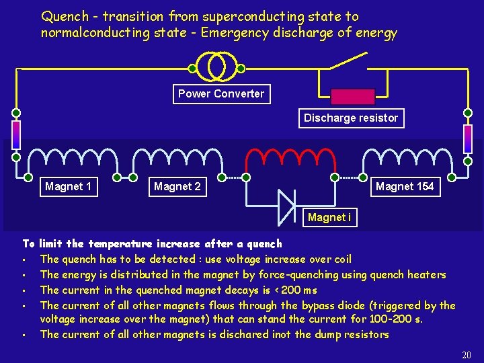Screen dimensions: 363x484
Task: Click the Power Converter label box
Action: point(221,94)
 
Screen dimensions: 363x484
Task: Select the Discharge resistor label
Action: point(351,118)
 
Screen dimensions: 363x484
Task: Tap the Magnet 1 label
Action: point(68,186)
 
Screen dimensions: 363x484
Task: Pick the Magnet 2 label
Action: point(177,186)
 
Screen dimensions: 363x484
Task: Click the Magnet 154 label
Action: point(405,186)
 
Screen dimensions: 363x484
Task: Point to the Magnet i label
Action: point(329,217)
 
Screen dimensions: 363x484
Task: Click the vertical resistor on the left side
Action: point(16,135)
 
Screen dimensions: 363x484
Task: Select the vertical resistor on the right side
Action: point(468,138)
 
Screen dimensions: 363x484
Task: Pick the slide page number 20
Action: point(467,355)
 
